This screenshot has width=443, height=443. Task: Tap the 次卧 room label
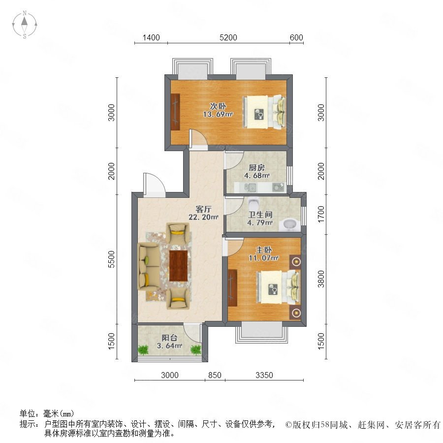218,106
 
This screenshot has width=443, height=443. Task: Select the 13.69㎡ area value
218,115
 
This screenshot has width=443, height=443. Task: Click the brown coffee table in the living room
179,266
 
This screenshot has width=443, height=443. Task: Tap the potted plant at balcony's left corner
143,350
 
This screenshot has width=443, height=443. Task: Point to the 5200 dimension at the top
228,37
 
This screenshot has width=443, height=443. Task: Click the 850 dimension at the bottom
215,376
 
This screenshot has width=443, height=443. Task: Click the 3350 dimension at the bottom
264,376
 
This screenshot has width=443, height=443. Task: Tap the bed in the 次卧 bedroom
264,111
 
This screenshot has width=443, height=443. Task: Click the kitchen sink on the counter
252,187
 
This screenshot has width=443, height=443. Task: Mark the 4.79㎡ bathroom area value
259,222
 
